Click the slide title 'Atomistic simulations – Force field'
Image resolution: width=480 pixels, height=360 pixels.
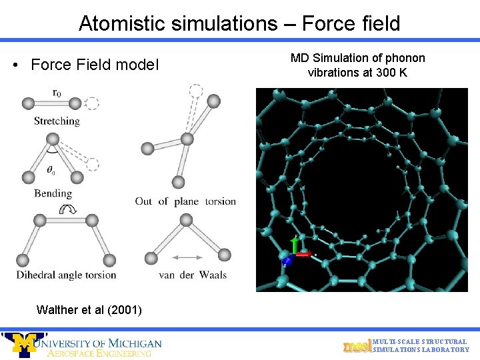tap(239, 23)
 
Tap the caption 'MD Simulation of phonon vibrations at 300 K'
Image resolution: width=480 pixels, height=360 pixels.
tap(357, 65)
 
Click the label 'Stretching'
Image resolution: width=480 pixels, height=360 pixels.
tap(57, 121)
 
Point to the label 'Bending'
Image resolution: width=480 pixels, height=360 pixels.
tap(53, 193)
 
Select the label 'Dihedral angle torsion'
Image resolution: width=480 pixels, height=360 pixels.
tap(67, 275)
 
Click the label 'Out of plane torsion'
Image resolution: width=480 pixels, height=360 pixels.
tap(185, 201)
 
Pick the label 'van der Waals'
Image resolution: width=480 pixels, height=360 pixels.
tap(193, 275)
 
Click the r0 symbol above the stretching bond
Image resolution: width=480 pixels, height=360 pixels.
tap(57, 93)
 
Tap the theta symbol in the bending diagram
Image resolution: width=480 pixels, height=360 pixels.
tap(51, 171)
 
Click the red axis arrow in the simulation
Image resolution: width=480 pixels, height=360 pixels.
tap(303, 254)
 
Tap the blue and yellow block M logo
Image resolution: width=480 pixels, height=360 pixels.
tap(23, 345)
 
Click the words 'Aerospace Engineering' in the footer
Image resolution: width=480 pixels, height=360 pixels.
tap(99, 353)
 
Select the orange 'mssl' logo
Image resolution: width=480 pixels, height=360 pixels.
tap(357, 346)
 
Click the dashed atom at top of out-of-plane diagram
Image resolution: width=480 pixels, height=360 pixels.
tap(195, 90)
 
